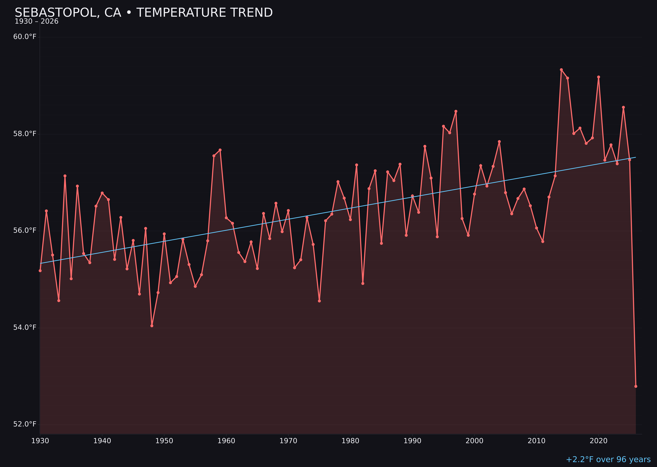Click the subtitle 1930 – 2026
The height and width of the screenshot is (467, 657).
click(x=36, y=22)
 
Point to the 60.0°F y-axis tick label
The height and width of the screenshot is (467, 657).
click(x=25, y=37)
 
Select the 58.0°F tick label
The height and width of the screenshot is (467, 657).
click(x=25, y=134)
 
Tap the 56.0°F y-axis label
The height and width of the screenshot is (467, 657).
click(x=25, y=231)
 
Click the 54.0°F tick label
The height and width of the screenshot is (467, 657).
click(x=25, y=328)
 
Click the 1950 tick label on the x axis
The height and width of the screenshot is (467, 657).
click(x=164, y=441)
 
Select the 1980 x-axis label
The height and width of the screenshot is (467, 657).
click(x=350, y=441)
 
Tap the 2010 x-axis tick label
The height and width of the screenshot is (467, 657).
click(x=536, y=441)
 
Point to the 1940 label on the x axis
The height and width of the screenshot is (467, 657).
click(x=102, y=441)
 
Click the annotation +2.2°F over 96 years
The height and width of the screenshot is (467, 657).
click(x=608, y=459)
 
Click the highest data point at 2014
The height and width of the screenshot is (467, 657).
click(x=561, y=70)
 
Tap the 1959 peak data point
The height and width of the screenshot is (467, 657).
click(x=220, y=150)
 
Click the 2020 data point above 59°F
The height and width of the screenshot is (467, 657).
click(x=599, y=77)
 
